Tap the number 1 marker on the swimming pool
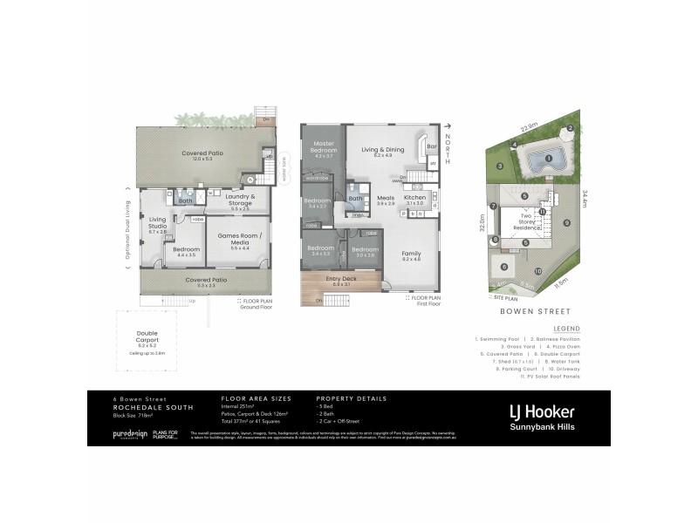click(x=547, y=158)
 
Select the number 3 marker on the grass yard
click(x=500, y=166)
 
